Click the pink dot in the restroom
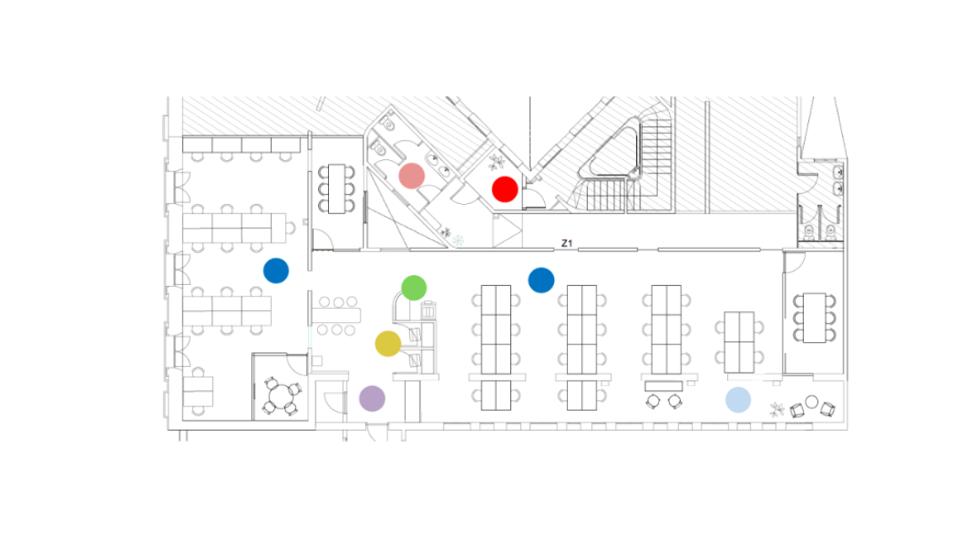click(x=412, y=176)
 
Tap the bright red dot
click(x=504, y=189)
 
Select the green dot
click(x=414, y=287)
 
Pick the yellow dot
click(x=388, y=344)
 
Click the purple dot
click(x=372, y=399)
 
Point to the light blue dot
click(x=738, y=400)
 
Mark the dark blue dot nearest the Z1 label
click(x=541, y=280)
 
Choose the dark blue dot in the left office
click(x=276, y=271)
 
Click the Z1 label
click(x=566, y=243)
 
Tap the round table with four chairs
click(x=282, y=395)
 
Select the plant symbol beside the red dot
click(x=496, y=163)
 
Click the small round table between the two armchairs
click(x=812, y=402)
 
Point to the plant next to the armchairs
click(x=777, y=409)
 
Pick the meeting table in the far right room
click(x=814, y=318)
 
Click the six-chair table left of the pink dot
click(x=337, y=189)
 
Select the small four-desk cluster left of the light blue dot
click(x=739, y=343)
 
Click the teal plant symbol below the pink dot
click(x=458, y=239)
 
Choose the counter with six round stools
click(x=336, y=315)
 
